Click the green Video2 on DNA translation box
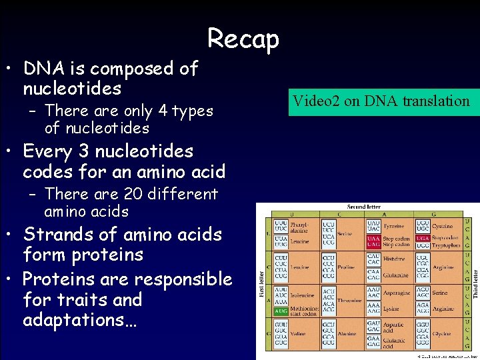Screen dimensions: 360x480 click(379, 101)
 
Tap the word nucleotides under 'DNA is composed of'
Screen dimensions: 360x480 click(72, 89)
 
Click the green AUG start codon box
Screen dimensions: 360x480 click(281, 311)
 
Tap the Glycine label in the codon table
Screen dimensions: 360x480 click(443, 334)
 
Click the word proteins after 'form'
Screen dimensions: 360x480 click(109, 255)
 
